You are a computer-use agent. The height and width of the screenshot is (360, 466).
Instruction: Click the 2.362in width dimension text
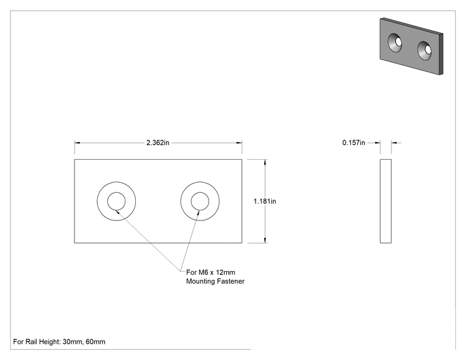(x=158, y=143)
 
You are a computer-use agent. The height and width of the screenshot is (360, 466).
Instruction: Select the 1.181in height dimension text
(x=264, y=202)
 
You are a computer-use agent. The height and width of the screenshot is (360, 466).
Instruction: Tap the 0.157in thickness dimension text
(x=354, y=143)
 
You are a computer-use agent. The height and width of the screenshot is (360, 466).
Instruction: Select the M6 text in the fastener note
(x=204, y=272)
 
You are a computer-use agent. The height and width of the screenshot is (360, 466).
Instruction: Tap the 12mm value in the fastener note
(x=225, y=272)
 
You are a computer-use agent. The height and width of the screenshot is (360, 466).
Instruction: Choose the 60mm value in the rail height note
(x=95, y=342)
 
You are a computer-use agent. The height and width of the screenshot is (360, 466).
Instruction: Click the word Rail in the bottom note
(x=31, y=342)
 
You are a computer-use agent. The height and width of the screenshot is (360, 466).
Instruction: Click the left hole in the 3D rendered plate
(x=395, y=43)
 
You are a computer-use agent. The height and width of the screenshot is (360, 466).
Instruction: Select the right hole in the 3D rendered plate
(x=425, y=51)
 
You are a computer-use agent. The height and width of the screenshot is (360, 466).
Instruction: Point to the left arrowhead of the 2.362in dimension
(x=77, y=143)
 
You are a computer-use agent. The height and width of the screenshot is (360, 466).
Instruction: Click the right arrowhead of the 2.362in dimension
(x=239, y=143)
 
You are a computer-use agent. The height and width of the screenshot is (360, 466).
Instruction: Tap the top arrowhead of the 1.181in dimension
(x=265, y=162)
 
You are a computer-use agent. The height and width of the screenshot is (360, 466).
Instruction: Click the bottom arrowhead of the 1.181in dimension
(x=265, y=240)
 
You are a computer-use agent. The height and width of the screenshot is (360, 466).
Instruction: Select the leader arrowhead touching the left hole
(x=117, y=212)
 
